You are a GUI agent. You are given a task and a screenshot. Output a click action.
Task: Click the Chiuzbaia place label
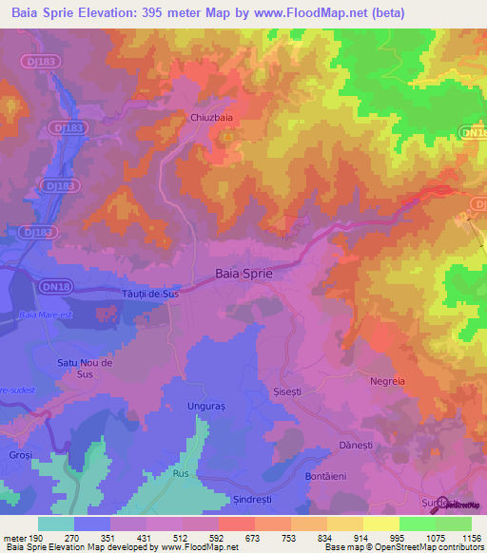[203, 119]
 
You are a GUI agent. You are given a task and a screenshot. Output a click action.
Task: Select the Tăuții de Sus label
[150, 295]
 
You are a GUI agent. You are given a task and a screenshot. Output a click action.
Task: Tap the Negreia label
[387, 381]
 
